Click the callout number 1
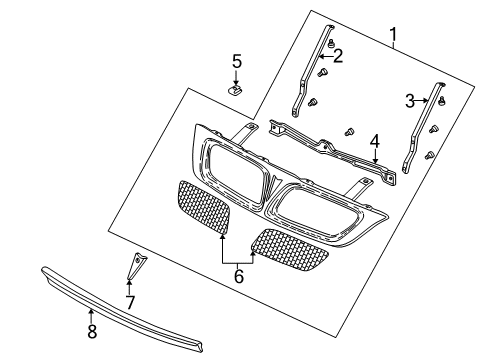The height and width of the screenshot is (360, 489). (x=394, y=38)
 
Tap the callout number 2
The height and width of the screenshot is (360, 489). (x=337, y=57)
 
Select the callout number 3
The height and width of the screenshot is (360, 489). (x=410, y=100)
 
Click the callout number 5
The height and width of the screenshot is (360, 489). (x=237, y=61)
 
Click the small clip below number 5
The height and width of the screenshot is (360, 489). (x=237, y=91)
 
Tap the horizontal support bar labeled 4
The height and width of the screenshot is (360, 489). (x=330, y=145)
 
